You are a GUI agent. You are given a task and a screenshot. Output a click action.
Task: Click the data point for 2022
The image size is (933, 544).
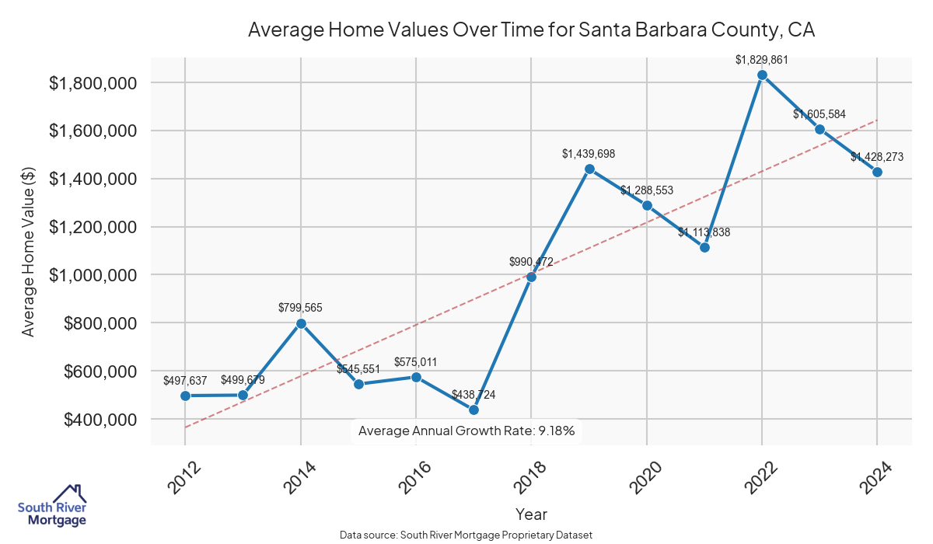coord(762,75)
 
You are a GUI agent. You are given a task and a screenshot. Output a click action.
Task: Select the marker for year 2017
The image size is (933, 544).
coord(473,410)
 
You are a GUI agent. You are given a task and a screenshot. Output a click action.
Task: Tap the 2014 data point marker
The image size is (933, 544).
coord(301,323)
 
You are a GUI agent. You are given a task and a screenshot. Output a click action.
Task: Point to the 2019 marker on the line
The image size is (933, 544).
coord(589,169)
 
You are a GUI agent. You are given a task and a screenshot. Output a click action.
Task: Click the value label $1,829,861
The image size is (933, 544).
coord(762,59)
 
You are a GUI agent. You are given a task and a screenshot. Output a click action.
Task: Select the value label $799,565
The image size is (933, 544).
coord(300,308)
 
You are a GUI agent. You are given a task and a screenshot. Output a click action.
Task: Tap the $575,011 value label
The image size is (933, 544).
coord(416,362)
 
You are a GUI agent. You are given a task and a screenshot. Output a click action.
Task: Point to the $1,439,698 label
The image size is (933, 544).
coord(589,154)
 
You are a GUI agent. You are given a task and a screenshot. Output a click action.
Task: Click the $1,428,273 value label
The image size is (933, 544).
coord(877,157)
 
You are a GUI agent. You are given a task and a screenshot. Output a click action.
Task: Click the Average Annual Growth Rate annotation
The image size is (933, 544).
coord(466,431)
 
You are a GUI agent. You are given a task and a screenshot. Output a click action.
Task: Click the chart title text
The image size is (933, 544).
coord(531,30)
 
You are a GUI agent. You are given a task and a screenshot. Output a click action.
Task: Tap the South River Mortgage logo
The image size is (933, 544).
coord(53,506)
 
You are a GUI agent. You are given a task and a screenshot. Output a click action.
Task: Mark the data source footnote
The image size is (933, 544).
coord(466,535)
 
